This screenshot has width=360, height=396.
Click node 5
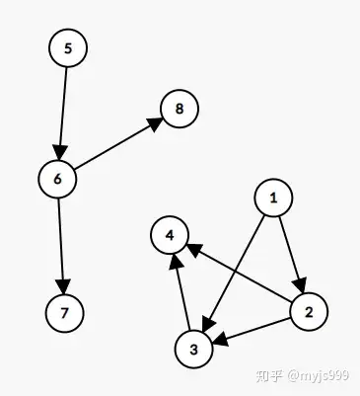tap(67, 48)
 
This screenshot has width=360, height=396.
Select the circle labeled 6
tap(58, 179)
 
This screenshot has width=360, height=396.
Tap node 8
tap(179, 108)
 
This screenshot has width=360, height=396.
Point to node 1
tap(273, 198)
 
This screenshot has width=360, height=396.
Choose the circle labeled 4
tap(171, 234)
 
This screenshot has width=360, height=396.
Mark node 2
tap(309, 312)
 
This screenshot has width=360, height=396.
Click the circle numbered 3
tap(194, 348)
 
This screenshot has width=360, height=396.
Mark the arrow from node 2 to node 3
tap(252, 330)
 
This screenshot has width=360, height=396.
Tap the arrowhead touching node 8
tap(155, 122)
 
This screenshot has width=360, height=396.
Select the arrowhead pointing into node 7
tap(64, 283)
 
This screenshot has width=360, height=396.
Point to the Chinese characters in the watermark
tap(270, 376)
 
